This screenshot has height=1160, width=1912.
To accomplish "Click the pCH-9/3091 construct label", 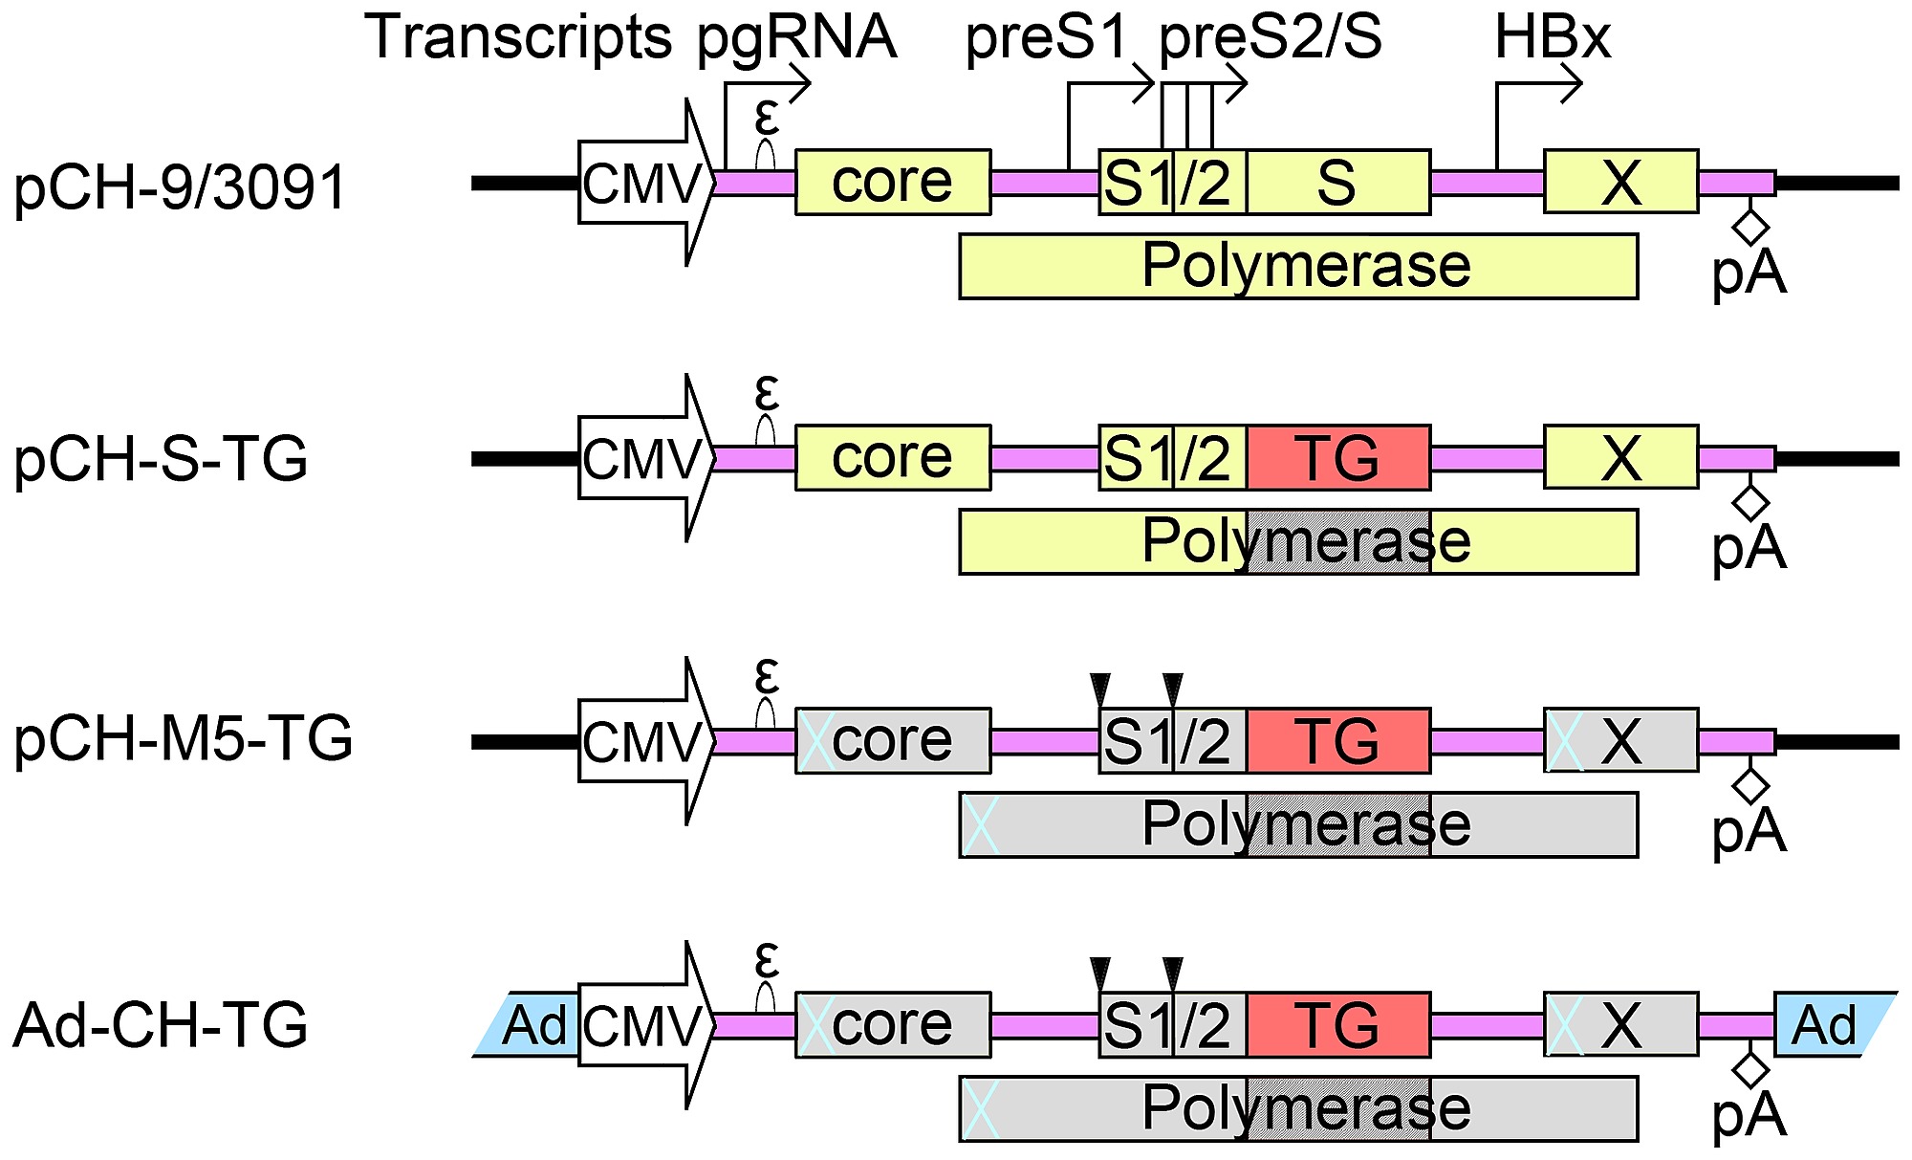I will [x=179, y=187].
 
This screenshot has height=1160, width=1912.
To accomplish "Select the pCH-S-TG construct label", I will [x=161, y=459].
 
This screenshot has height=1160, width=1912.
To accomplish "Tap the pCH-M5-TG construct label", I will [x=183, y=740].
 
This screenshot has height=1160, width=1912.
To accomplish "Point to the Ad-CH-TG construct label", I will [x=161, y=1024].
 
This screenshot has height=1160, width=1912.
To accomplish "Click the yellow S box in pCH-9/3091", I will [x=1337, y=182].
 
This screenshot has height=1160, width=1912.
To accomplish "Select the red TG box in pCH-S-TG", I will [x=1337, y=457].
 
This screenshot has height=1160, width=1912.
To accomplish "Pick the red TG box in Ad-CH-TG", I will [x=1337, y=1024].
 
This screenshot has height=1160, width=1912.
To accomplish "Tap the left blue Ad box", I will [x=532, y=1024].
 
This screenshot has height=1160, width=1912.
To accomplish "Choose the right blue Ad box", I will [x=1826, y=1024].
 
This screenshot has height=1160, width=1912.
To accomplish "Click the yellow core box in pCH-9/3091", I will [x=892, y=182].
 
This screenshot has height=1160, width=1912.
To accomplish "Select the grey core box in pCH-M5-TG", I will [x=892, y=741].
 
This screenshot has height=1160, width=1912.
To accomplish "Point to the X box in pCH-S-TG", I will [x=1620, y=457].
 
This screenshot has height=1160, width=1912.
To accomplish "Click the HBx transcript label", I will [x=1552, y=38].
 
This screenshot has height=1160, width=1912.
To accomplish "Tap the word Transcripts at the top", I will [x=518, y=38].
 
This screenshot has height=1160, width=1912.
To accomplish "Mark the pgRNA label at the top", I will [x=796, y=38].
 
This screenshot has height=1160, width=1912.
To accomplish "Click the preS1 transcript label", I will [x=1047, y=38].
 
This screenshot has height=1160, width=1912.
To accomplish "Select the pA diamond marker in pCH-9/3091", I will [x=1750, y=228].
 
